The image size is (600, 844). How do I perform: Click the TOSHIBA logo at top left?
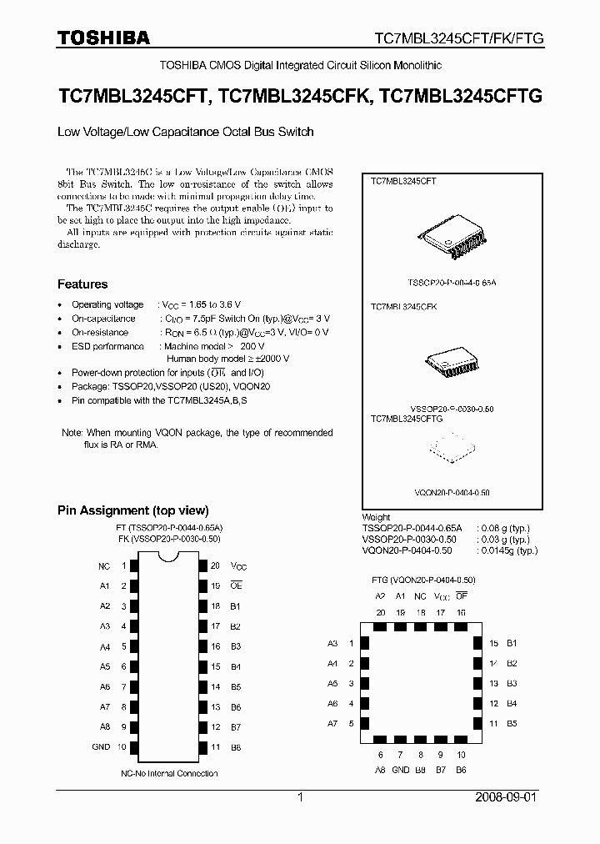pos(103,38)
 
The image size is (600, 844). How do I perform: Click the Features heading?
pos(82,284)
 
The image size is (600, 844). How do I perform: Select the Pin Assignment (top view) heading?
pos(132,510)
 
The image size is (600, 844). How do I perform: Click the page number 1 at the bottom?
pos(300,798)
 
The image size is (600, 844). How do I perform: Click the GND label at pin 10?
pos(101,746)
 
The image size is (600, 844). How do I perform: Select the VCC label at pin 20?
pos(239,566)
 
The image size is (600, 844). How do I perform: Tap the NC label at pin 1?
pos(104,565)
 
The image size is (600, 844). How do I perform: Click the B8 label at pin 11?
pos(235,746)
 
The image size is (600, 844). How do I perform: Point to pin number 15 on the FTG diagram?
pos(492,643)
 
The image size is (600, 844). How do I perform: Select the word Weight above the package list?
pos(376,517)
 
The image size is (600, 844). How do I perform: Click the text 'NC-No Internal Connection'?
pos(169,773)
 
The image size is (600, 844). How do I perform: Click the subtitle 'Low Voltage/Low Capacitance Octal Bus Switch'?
pos(185,132)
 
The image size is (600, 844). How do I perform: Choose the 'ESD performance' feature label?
pos(107,346)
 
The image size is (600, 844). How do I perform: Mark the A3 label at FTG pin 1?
pos(332,643)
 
